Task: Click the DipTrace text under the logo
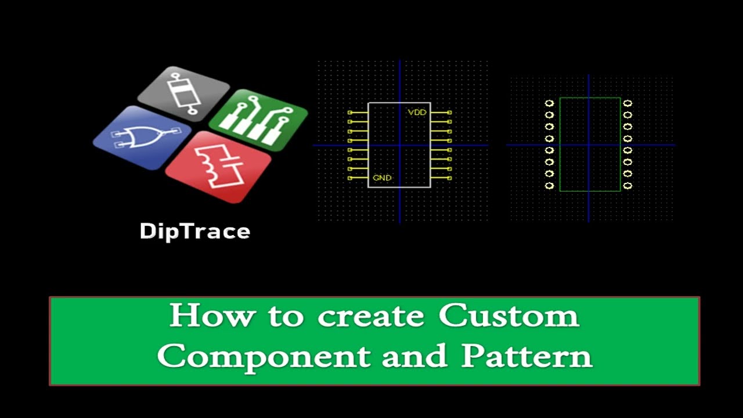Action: click(195, 231)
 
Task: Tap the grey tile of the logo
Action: click(184, 93)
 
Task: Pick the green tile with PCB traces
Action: click(258, 120)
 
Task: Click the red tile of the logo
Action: click(218, 167)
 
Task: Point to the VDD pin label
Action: click(417, 112)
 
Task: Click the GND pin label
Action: click(382, 178)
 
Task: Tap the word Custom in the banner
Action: click(508, 316)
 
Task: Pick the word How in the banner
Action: click(212, 316)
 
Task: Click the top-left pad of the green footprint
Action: click(549, 103)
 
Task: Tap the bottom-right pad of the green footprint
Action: click(627, 186)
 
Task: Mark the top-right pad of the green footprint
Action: click(627, 103)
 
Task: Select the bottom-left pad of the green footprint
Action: click(549, 186)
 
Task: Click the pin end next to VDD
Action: click(449, 112)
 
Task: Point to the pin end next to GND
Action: click(349, 178)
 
